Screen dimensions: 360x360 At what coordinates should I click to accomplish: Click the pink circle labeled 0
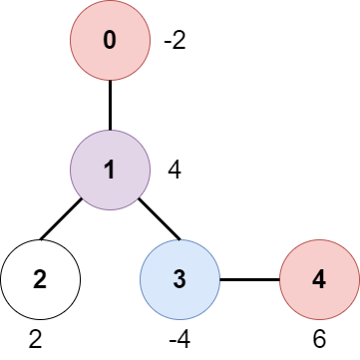(110, 41)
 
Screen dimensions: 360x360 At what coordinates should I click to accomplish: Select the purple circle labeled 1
(110, 170)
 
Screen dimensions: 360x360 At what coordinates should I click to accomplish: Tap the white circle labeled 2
(40, 279)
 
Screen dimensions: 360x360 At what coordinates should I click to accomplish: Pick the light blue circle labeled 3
(180, 279)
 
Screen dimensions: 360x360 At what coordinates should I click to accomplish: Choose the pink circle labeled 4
(319, 279)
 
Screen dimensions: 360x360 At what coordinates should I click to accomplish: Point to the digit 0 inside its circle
(110, 41)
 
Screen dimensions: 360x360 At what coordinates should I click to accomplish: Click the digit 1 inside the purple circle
(110, 170)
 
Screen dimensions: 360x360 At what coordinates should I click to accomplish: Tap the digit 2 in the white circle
(40, 279)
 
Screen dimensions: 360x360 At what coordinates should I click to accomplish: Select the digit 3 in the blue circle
(180, 279)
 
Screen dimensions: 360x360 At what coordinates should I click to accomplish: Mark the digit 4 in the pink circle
(319, 279)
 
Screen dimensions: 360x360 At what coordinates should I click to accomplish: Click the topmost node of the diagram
(110, 41)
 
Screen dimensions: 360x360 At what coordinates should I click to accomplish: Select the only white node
(40, 279)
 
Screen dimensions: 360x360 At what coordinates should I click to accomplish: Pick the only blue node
(180, 279)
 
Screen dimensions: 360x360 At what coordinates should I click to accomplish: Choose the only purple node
(110, 170)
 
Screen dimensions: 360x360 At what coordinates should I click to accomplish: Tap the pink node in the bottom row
(319, 279)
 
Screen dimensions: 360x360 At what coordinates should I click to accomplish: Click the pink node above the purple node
(110, 41)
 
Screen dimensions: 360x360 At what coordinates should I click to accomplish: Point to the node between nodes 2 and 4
(180, 279)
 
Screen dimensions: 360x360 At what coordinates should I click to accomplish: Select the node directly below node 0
(110, 170)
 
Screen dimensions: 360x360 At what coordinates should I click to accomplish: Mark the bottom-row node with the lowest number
(40, 279)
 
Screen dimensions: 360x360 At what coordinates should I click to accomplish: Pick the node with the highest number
(319, 279)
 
